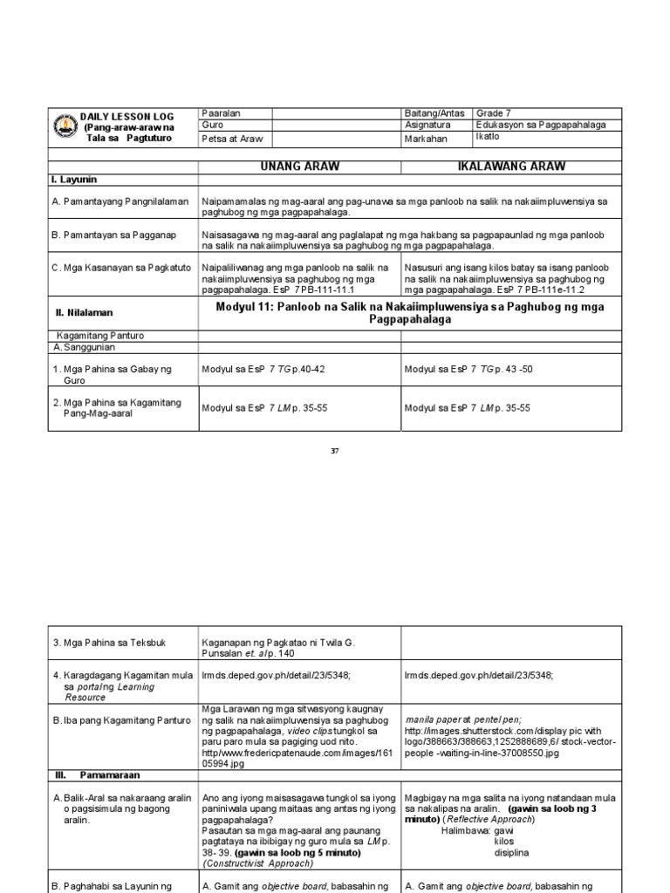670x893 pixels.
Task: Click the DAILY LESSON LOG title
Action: click(x=127, y=116)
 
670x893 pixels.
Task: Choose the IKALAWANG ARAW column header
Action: click(x=511, y=167)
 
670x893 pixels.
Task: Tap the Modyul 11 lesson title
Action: click(x=410, y=313)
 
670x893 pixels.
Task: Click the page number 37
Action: click(x=334, y=451)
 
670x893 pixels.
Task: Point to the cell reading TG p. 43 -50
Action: click(x=468, y=370)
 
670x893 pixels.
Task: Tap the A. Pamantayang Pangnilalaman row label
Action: click(x=120, y=201)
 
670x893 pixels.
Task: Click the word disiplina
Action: click(x=515, y=854)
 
